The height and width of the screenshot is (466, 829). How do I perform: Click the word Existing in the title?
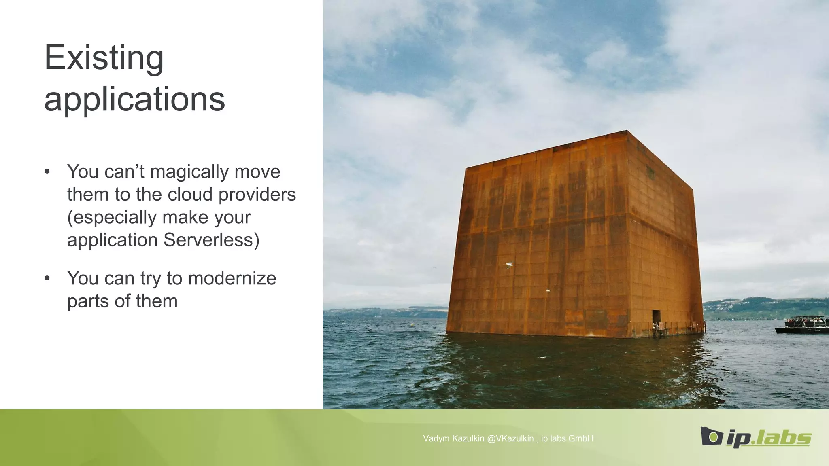tap(104, 58)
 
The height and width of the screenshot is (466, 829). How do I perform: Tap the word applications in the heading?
tap(134, 99)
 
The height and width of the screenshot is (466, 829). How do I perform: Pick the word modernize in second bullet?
tap(232, 278)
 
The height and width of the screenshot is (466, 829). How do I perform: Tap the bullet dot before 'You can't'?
tap(47, 172)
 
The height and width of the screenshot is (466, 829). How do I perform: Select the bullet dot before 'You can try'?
tap(47, 278)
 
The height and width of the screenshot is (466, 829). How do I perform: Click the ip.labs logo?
tap(756, 437)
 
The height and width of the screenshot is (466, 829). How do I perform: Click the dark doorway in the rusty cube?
tap(656, 317)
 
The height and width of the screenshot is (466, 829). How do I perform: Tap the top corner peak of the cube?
tap(627, 131)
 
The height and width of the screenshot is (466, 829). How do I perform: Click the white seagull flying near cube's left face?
tap(510, 265)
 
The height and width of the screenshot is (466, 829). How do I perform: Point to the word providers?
tap(257, 195)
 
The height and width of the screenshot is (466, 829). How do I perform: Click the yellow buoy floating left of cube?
tap(412, 324)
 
